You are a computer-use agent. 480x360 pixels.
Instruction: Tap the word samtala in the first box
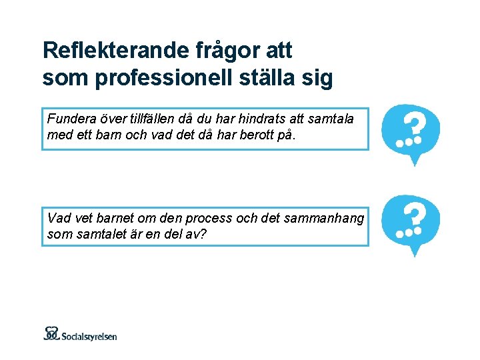coord(330,119)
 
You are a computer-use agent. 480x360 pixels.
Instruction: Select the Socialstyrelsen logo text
coord(90,335)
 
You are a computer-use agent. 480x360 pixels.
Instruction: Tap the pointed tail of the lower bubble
coord(415,251)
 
